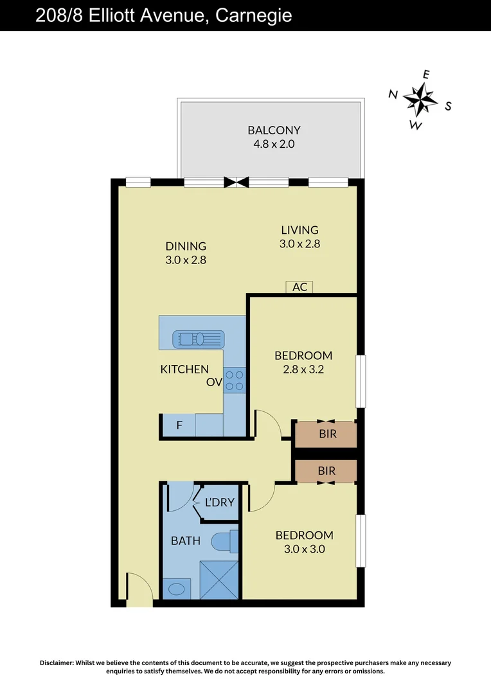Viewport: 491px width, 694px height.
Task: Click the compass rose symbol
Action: (x=421, y=98)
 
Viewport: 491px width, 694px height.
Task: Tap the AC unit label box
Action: (x=299, y=287)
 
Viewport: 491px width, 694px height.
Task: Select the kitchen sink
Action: (x=199, y=338)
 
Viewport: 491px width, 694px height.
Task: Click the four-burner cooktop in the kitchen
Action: (x=235, y=379)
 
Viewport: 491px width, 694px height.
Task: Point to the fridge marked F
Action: (x=179, y=425)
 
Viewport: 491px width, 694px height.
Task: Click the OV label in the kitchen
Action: (x=213, y=382)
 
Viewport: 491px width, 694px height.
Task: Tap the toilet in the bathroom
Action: (x=224, y=541)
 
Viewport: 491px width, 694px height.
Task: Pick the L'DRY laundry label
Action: (x=219, y=503)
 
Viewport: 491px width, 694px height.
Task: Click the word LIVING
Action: (x=299, y=230)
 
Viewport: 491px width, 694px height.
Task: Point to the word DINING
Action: (x=186, y=246)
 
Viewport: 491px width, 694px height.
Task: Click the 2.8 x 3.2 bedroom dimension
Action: (x=303, y=369)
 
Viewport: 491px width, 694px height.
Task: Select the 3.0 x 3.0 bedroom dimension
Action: (x=304, y=549)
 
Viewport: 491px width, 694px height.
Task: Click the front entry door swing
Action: (x=139, y=588)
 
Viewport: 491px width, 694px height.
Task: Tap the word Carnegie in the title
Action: (x=253, y=15)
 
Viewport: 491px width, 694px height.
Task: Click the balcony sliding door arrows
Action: (x=236, y=182)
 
